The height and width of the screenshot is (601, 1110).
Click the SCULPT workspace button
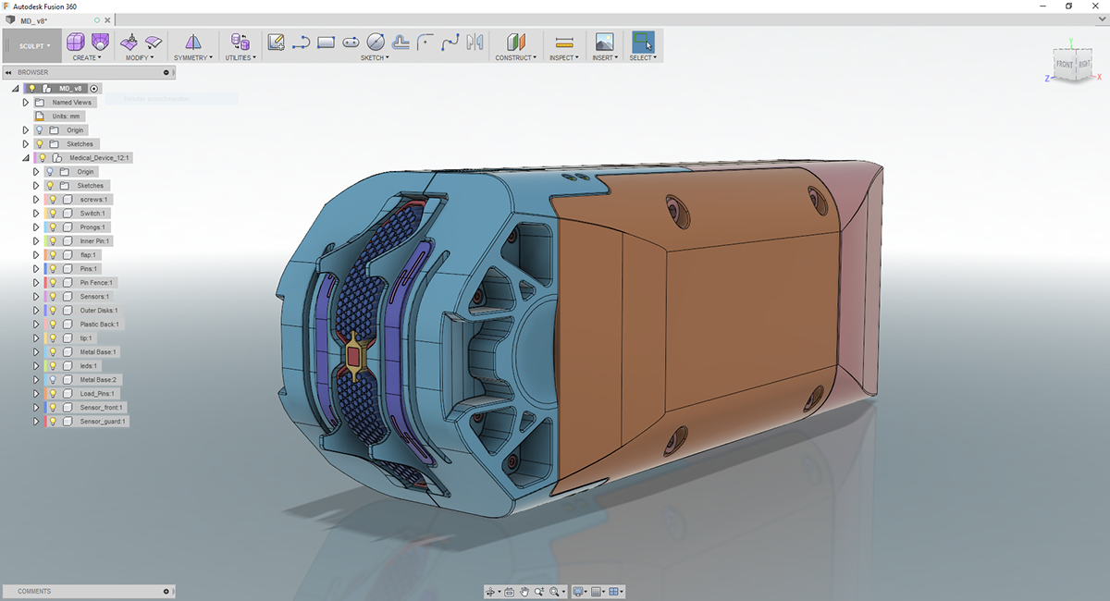[x=33, y=45]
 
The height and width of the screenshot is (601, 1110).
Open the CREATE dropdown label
[x=87, y=57]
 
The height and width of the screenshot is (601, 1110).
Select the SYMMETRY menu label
[x=192, y=57]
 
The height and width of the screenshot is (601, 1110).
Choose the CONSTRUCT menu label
[x=514, y=57]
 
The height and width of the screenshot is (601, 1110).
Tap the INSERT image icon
[x=604, y=42]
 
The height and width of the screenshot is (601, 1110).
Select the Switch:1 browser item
[x=92, y=214]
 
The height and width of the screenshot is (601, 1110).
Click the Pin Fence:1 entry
[x=98, y=283]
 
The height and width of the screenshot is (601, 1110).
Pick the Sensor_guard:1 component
[x=103, y=422]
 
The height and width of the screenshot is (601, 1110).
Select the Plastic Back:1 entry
[x=99, y=325]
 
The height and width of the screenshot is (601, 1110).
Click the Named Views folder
[x=71, y=103]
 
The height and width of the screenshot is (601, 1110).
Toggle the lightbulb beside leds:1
[x=53, y=366]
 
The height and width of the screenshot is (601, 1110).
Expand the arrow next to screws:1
[x=36, y=200]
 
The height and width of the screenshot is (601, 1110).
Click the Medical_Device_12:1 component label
[x=100, y=158]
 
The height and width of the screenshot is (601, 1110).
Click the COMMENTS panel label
[x=34, y=591]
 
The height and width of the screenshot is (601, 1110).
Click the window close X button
[x=1095, y=6]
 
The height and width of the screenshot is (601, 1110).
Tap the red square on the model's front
[x=353, y=355]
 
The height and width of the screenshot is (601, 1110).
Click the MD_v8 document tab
[x=34, y=20]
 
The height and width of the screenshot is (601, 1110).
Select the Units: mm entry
[x=66, y=117]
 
